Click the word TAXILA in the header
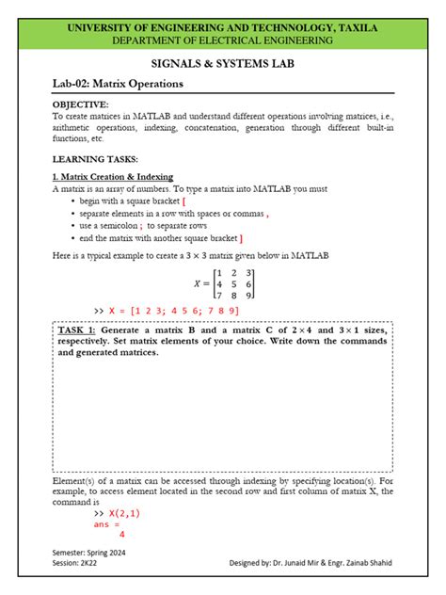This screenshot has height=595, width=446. pyautogui.click(x=351, y=28)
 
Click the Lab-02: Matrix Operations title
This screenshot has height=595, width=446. pyautogui.click(x=118, y=84)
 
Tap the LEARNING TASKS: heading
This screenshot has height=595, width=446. pyautogui.click(x=95, y=160)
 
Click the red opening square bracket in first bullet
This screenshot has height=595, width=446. pyautogui.click(x=183, y=201)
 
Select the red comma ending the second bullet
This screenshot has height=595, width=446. pyautogui.click(x=267, y=214)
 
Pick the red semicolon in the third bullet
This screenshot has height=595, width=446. pyautogui.click(x=140, y=226)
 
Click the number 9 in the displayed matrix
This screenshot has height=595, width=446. pyautogui.click(x=248, y=296)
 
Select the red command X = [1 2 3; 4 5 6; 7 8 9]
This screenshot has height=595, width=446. pyautogui.click(x=173, y=311)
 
